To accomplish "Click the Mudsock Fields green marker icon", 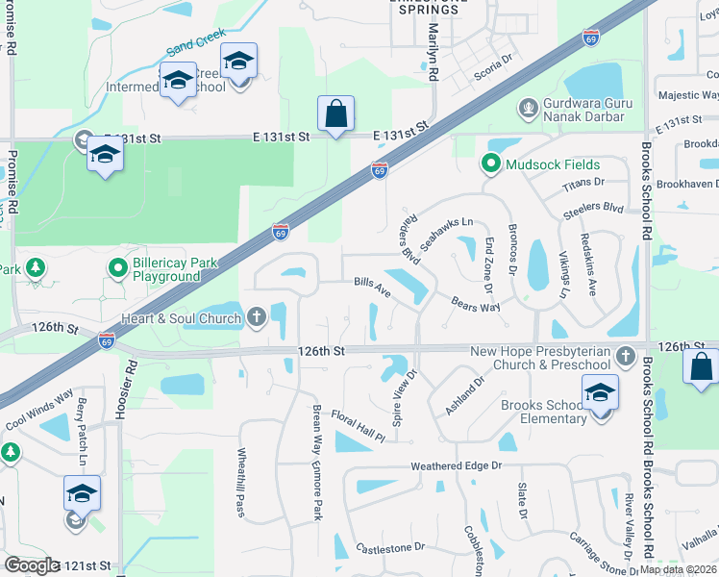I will click(x=491, y=164).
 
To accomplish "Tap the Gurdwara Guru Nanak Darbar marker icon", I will click(x=526, y=106).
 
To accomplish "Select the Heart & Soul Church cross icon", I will click(x=256, y=316).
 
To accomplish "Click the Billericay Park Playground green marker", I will click(x=118, y=266).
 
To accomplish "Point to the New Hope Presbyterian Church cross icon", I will click(x=626, y=357).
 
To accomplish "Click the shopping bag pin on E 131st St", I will click(x=336, y=114).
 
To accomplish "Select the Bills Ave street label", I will click(x=371, y=287).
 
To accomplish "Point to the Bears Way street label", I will click(x=476, y=305).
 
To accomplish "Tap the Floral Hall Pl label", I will click(x=358, y=428).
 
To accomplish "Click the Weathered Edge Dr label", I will click(x=457, y=465).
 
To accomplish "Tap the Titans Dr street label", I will click(x=583, y=182).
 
